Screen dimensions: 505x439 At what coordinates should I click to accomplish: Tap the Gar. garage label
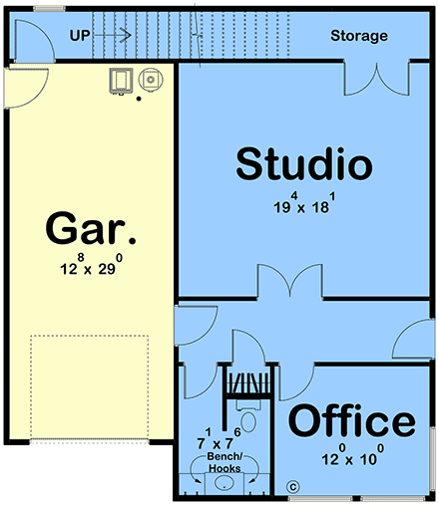[x=91, y=230]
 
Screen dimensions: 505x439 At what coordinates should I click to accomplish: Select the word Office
[x=351, y=421]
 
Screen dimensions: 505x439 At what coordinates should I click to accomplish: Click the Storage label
[x=359, y=36]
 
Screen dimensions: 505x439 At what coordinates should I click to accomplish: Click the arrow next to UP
[x=116, y=36]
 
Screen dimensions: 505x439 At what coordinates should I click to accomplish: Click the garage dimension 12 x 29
[x=91, y=267]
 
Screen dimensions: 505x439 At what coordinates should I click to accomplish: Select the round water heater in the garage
[x=150, y=78]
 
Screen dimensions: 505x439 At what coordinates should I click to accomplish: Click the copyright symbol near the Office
[x=293, y=487]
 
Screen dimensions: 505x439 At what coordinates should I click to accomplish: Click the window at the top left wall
[x=47, y=8]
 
